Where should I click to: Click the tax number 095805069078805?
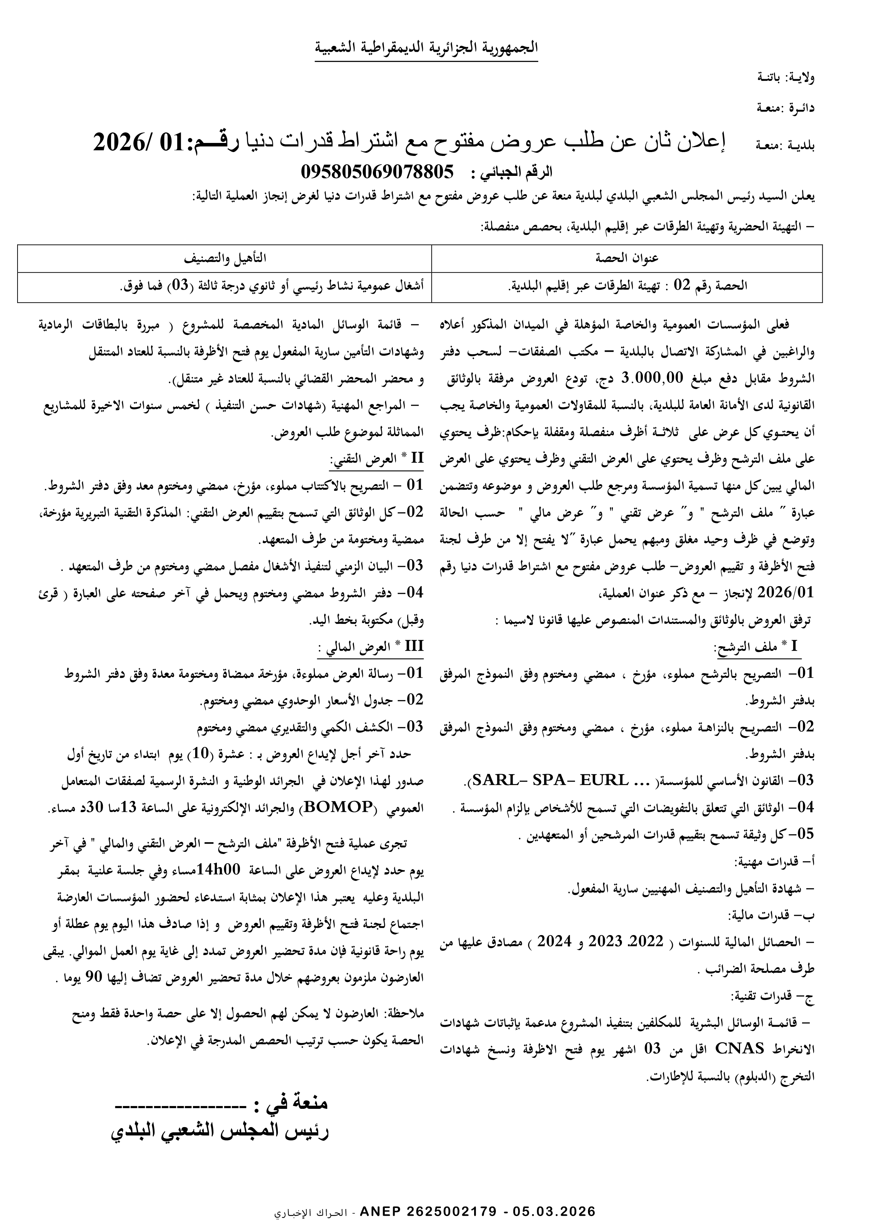pyautogui.click(x=377, y=172)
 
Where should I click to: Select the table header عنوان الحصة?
pyautogui.click(x=627, y=259)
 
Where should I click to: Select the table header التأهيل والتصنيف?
pyautogui.click(x=225, y=259)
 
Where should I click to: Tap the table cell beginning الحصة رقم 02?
pyautogui.click(x=627, y=286)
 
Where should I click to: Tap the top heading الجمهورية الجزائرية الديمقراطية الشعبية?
pyautogui.click(x=426, y=48)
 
